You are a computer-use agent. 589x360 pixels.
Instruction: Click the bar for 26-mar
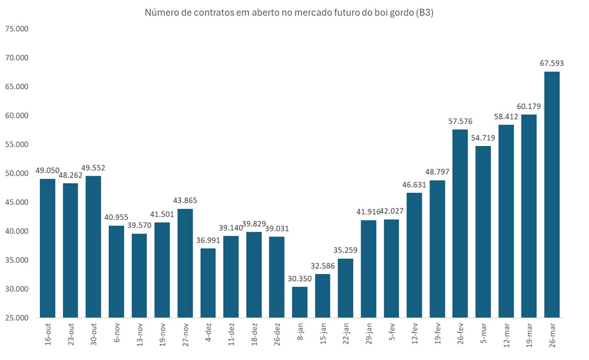pos(551,195)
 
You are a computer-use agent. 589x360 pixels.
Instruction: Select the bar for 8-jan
pos(299,302)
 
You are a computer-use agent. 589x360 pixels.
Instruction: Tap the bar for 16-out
pos(48,248)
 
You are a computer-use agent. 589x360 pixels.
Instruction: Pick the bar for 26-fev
pos(460,224)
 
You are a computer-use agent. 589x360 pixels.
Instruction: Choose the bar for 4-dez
pos(208,283)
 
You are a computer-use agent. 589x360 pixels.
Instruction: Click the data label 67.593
pos(551,63)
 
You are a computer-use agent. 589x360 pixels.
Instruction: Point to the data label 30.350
pos(299,278)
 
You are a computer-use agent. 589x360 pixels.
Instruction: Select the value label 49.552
pos(93,168)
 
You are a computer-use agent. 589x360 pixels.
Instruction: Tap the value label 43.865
pos(185,200)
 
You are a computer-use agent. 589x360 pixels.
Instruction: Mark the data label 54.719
pos(483,137)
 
